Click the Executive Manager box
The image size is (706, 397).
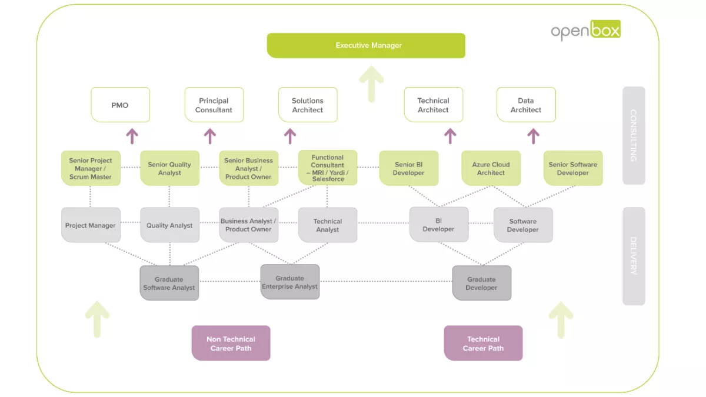366,45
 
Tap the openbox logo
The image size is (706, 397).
585,31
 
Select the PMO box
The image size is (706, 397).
120,105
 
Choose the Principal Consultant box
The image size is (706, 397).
214,105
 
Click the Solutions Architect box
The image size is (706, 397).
308,105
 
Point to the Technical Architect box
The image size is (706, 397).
433,105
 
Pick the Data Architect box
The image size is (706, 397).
526,105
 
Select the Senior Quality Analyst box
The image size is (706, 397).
169,168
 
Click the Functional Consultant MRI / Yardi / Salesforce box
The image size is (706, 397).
328,168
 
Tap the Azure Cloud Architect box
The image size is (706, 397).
491,169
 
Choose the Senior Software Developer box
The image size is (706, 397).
572,169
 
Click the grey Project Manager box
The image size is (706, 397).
91,225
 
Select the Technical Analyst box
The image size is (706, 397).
328,225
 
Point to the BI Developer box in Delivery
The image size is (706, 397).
439,225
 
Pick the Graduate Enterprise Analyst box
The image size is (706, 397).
290,282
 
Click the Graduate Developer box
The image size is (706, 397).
481,283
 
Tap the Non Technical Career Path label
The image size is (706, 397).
231,343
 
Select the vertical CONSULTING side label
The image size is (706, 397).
634,136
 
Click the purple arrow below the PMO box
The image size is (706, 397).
132,136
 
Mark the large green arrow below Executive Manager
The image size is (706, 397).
371,84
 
